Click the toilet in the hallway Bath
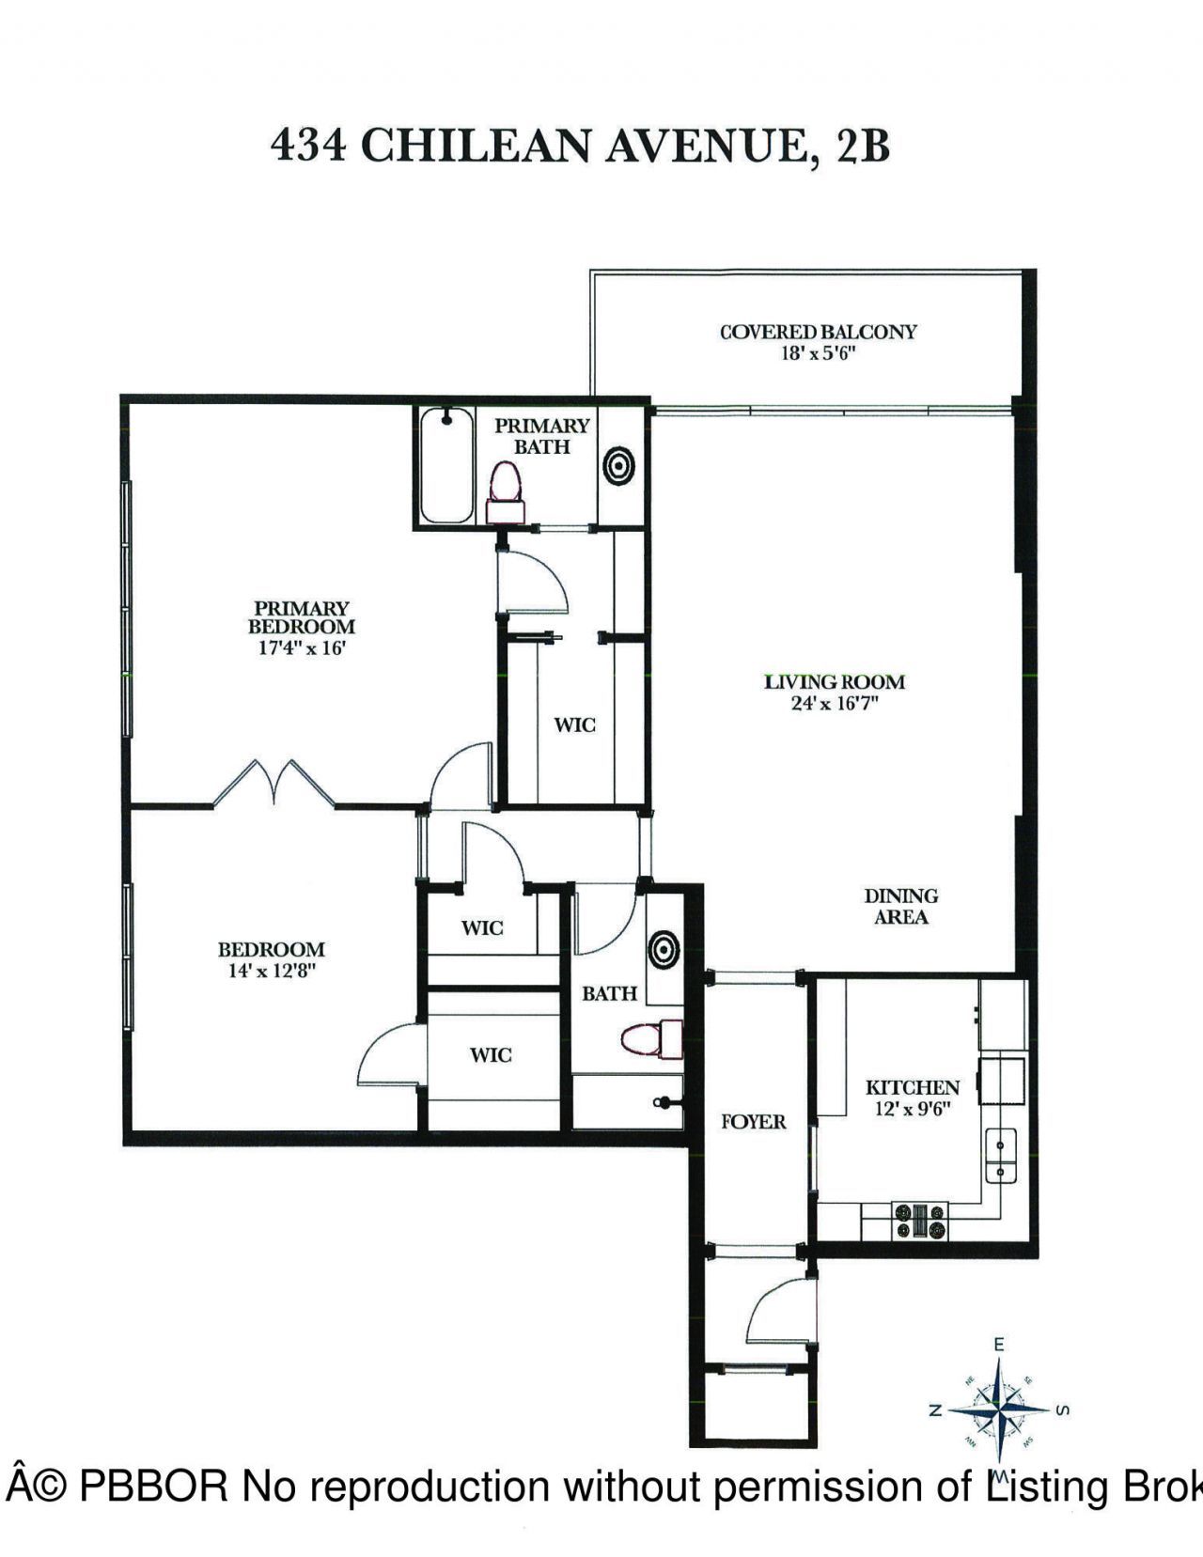coord(651,1038)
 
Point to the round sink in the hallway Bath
coord(664,949)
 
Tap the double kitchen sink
coord(1000,1157)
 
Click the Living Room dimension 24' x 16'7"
coord(835,704)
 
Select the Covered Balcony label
coord(818,332)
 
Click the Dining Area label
coord(900,906)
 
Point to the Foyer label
coord(753,1122)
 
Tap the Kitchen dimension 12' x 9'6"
coord(912,1109)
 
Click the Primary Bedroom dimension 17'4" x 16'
coord(303,647)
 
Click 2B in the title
coord(860,146)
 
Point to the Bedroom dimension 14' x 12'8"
coord(271,972)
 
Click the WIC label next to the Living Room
coord(574,725)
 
